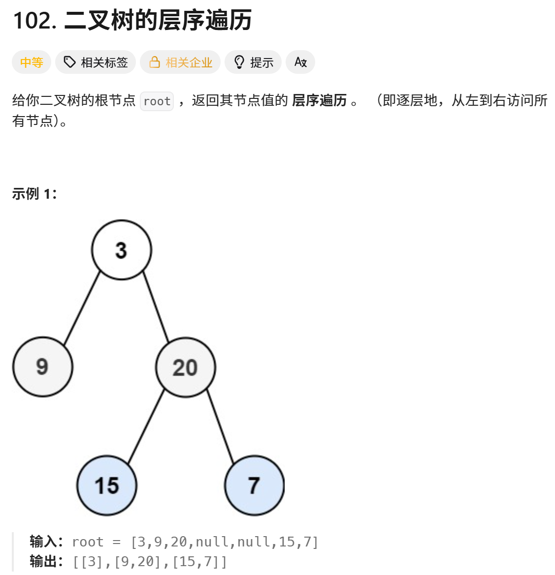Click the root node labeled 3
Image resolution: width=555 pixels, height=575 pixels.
click(x=122, y=250)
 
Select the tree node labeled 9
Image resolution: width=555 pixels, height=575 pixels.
click(x=43, y=367)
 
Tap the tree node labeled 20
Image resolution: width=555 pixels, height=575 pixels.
click(x=186, y=367)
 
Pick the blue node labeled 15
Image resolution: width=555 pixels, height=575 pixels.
click(x=107, y=485)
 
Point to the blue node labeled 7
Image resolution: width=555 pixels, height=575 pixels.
click(x=254, y=485)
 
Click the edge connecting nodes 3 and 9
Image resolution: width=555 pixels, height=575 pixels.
click(x=82, y=308)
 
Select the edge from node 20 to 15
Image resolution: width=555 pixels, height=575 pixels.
click(x=146, y=426)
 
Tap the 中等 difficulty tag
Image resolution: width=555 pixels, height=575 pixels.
click(x=32, y=62)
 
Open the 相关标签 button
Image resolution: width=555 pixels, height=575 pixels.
click(x=96, y=62)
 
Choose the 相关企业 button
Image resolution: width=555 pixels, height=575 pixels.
click(x=180, y=62)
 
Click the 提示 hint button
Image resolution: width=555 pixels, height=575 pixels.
click(x=253, y=62)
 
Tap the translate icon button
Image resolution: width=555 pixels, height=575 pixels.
click(x=300, y=62)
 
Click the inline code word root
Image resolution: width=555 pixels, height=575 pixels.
click(x=157, y=101)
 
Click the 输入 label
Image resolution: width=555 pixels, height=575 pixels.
click(x=43, y=542)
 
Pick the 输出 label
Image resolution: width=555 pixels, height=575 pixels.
click(x=43, y=561)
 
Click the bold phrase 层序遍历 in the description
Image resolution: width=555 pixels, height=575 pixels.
click(x=320, y=100)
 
